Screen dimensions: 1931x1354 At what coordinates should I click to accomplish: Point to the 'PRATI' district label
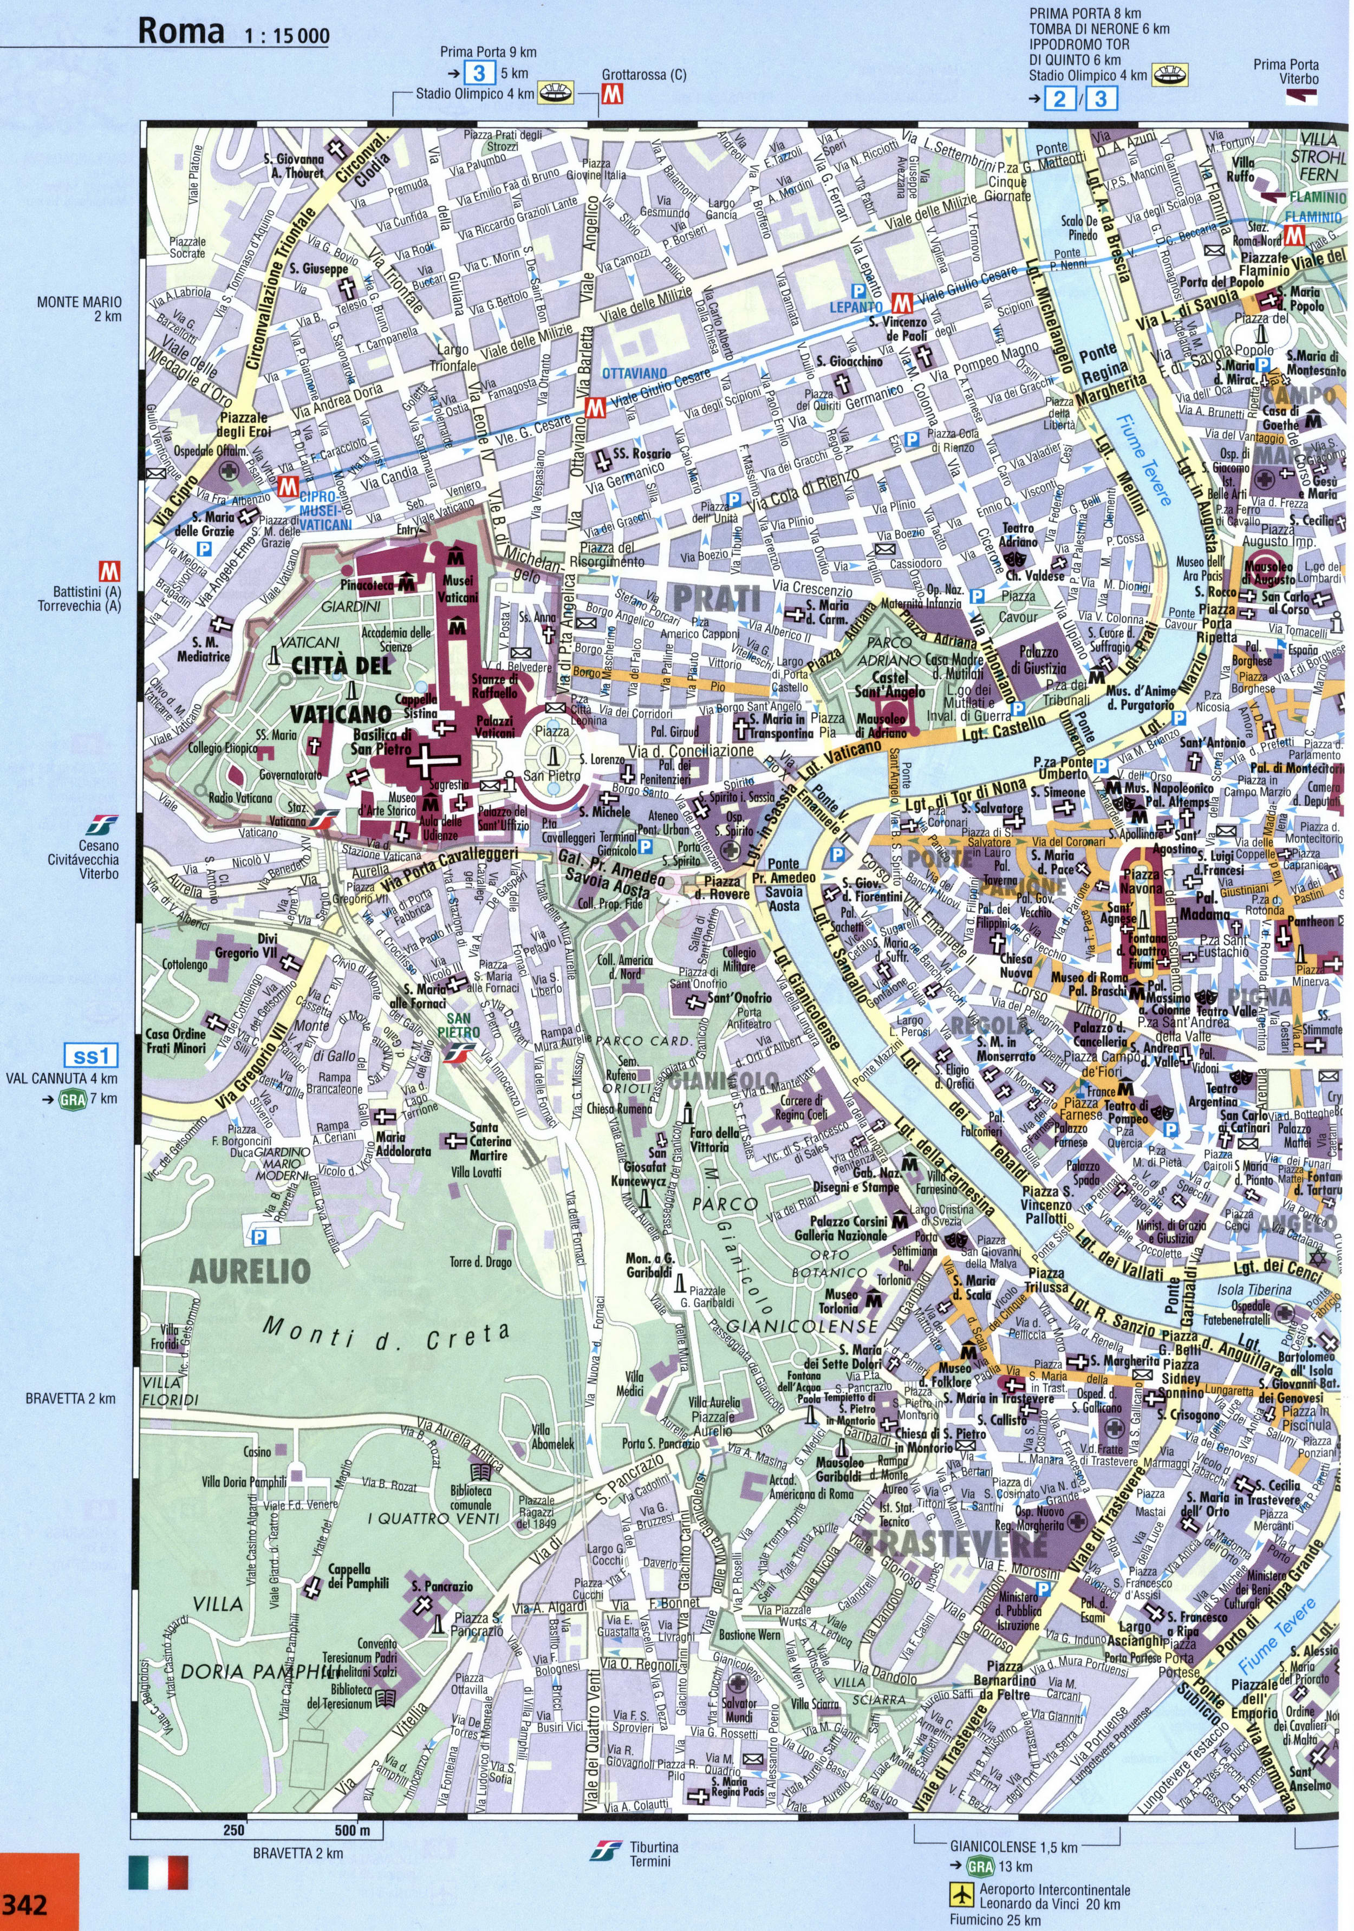pyautogui.click(x=718, y=599)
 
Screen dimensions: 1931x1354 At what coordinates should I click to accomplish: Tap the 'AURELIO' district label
pyautogui.click(x=251, y=1271)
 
